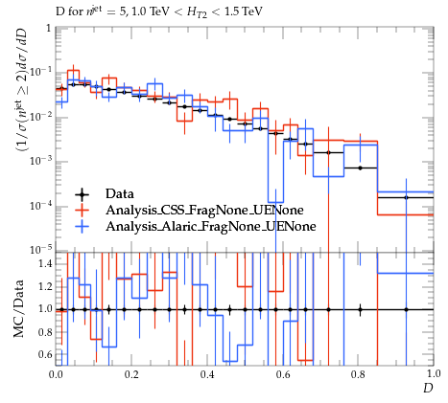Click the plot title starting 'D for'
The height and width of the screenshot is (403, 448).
point(159,12)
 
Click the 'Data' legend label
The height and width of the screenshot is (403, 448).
point(120,193)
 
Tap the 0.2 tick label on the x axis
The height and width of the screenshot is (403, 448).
point(131,374)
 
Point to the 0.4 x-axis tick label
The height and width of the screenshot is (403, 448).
point(207,374)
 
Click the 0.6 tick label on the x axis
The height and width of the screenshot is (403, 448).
point(282,374)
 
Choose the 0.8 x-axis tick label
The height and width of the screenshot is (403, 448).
point(358,374)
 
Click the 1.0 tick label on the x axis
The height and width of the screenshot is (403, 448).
point(434,373)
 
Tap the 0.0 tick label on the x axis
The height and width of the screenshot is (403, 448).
point(56,374)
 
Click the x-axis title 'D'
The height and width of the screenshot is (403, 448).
point(428,388)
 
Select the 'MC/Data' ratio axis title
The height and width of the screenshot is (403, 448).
point(18,308)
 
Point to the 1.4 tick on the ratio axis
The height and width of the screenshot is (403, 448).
point(45,263)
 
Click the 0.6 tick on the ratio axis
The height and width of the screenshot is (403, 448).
point(45,354)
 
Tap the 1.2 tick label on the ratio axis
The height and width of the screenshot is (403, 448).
point(45,286)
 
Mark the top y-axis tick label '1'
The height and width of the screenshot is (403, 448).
point(49,29)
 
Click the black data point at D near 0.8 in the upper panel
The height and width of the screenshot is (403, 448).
point(361,168)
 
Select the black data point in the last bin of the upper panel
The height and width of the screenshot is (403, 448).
point(406,197)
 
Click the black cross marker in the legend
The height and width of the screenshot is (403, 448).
point(82,193)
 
